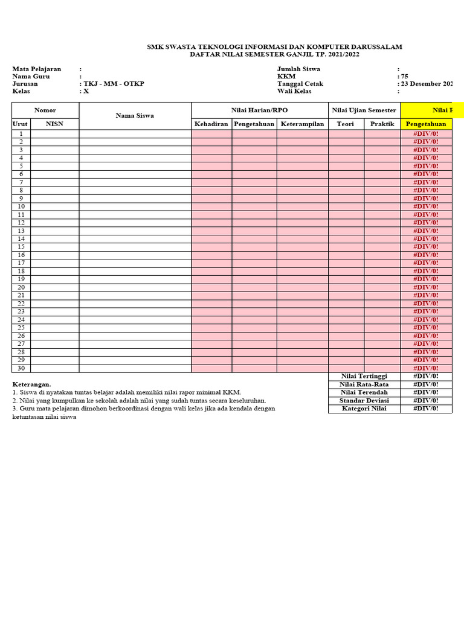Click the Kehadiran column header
(x=211, y=124)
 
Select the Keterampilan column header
(x=303, y=124)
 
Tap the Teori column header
(x=346, y=124)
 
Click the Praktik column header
(x=382, y=124)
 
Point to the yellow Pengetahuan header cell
(x=426, y=124)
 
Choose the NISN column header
(x=54, y=124)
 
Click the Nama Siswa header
(x=135, y=115)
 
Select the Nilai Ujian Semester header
(x=364, y=110)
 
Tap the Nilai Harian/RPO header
(x=260, y=110)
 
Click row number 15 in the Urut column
(x=21, y=247)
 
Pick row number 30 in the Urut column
(x=21, y=368)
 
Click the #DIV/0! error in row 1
(x=426, y=133)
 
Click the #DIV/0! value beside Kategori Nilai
(x=426, y=409)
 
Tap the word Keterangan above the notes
(x=31, y=384)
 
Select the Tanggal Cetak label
(x=300, y=84)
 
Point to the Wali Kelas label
(x=294, y=91)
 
